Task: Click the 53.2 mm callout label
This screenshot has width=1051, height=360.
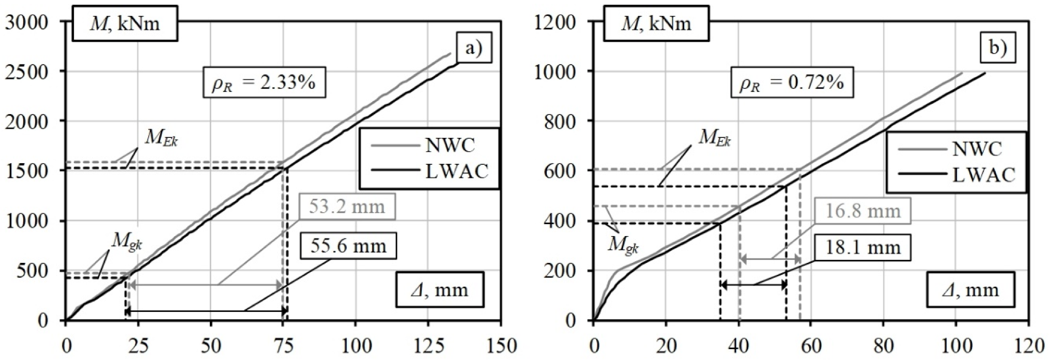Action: [347, 207]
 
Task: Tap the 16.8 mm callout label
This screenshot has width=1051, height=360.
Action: [863, 211]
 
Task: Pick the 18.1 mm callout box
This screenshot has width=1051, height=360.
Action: [863, 247]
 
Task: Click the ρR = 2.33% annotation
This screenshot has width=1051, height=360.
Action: [264, 83]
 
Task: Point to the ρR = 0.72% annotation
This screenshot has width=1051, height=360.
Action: [792, 83]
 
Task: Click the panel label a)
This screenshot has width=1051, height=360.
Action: [473, 48]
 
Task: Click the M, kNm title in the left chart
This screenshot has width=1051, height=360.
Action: [125, 24]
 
